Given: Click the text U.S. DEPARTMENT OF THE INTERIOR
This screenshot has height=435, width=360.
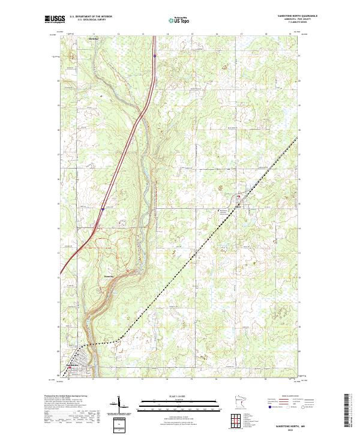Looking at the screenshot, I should click(x=91, y=16).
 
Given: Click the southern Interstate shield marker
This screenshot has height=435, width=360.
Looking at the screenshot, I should click(x=103, y=209).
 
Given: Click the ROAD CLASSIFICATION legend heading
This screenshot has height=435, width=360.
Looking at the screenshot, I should click(x=287, y=397).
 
